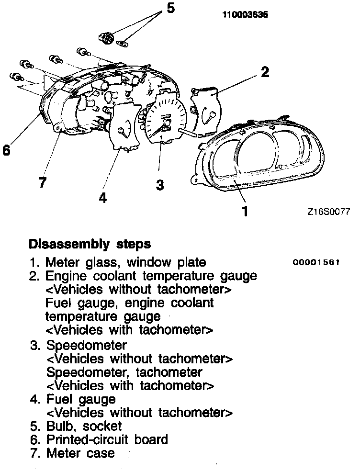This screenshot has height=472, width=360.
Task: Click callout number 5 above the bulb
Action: coord(170,9)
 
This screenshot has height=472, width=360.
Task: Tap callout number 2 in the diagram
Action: coord(264,72)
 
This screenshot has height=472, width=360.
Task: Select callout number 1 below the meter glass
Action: coord(245,211)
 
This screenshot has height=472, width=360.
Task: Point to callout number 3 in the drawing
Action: coord(160,184)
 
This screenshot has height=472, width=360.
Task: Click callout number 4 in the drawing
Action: coord(103,197)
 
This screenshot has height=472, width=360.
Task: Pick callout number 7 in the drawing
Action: coord(43,182)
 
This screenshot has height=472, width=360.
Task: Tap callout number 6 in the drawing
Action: coord(6,150)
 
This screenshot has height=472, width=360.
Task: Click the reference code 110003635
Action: coord(245,15)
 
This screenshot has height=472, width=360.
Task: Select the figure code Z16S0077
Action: coord(329,211)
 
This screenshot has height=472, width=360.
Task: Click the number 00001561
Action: coord(317,263)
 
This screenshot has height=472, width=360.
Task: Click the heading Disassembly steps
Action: coord(90,244)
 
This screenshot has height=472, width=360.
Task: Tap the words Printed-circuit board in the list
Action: coord(107,439)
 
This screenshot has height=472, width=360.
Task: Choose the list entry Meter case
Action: coord(80,453)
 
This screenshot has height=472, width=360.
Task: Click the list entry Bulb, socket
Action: coord(84,426)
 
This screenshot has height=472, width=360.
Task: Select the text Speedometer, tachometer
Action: coord(124,372)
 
